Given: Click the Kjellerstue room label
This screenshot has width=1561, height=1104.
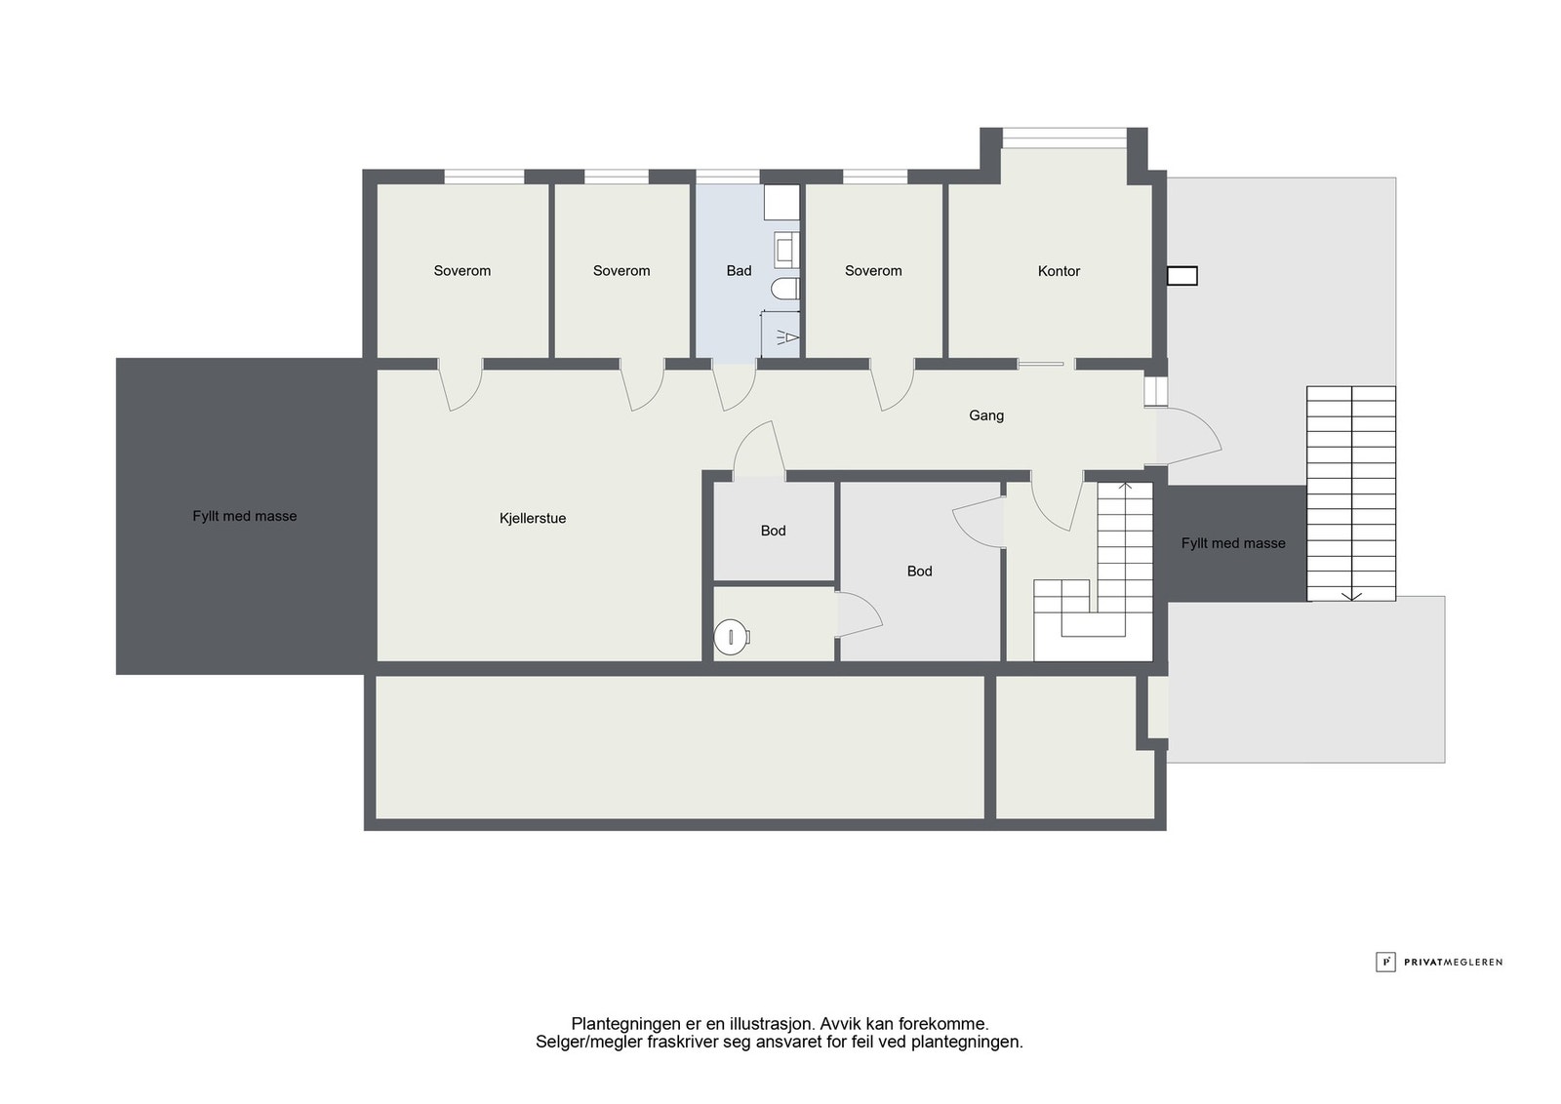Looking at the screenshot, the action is tap(533, 518).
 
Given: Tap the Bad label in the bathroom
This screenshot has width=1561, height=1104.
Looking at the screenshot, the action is tap(739, 270).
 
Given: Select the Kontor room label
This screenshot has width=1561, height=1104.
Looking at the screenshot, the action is tap(1059, 271).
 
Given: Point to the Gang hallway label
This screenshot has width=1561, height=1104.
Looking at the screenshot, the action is tap(986, 415).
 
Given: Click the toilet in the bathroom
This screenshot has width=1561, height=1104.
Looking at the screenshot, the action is tap(785, 289).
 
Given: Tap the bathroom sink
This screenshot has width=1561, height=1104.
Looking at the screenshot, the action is tap(786, 250).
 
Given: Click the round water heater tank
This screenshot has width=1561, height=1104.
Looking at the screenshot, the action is tap(731, 637).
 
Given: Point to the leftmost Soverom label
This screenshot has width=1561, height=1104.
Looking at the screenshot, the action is tap(462, 270).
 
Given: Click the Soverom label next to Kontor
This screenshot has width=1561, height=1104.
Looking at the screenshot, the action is tap(873, 270).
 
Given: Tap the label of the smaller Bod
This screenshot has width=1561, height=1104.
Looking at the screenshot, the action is tap(773, 531).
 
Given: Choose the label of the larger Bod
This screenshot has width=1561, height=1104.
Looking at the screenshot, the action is tap(919, 572).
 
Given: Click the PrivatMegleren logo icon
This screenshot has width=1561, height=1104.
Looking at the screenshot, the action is tap(1385, 962).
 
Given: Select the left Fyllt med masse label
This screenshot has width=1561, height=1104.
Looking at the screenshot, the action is tap(245, 516).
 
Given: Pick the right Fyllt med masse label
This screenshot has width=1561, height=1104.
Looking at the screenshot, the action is tap(1233, 543).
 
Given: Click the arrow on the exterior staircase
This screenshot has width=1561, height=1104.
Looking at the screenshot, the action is tap(1351, 493).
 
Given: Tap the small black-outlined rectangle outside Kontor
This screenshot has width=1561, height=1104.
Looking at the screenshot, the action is tap(1182, 276).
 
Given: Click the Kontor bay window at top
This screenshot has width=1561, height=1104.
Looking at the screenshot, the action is tap(1064, 138).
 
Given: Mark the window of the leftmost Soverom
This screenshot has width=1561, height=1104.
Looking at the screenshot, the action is tap(484, 177).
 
